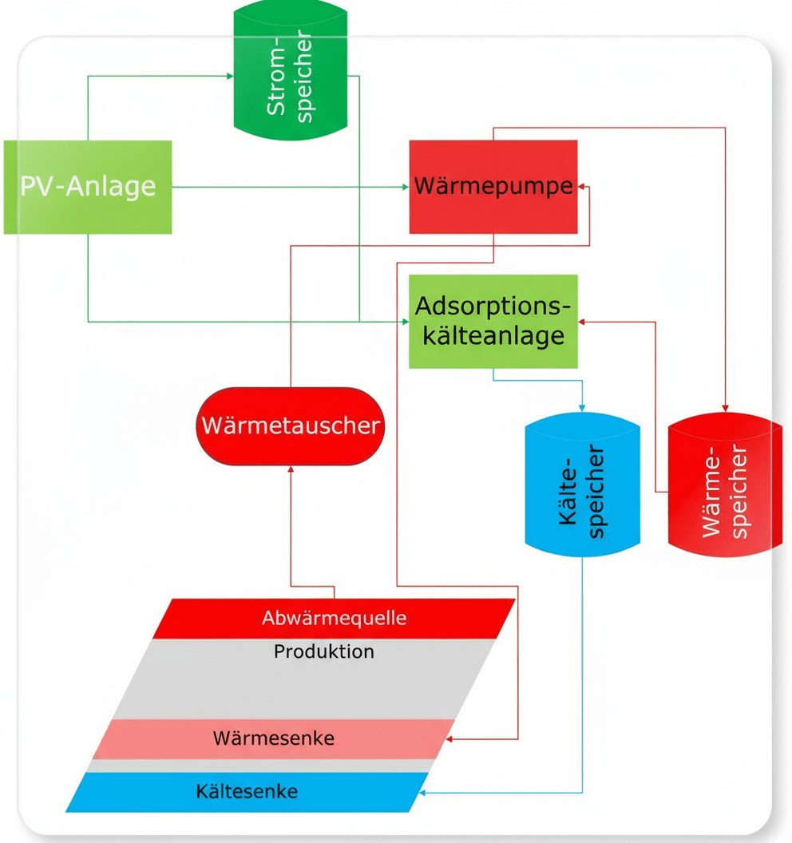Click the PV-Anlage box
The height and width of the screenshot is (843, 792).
pos(88,187)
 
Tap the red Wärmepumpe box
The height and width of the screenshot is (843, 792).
pos(493,187)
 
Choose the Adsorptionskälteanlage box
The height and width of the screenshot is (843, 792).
pos(493,321)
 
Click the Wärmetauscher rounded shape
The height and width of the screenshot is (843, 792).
pos(290,425)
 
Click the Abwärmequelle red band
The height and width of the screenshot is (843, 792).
pos(334,618)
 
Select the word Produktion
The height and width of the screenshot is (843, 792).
pos(323,651)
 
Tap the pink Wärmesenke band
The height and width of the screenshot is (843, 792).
pos(274,738)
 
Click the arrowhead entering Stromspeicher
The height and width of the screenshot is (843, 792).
pos(229,77)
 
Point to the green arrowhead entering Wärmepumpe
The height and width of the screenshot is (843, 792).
pos(405,188)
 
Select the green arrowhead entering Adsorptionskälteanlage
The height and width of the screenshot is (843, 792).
pos(404,322)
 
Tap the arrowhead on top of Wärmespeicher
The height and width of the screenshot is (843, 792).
pos(725,407)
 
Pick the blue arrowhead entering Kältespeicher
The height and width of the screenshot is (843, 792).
pos(583,410)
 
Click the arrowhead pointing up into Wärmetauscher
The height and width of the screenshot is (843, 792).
pos(290,470)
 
